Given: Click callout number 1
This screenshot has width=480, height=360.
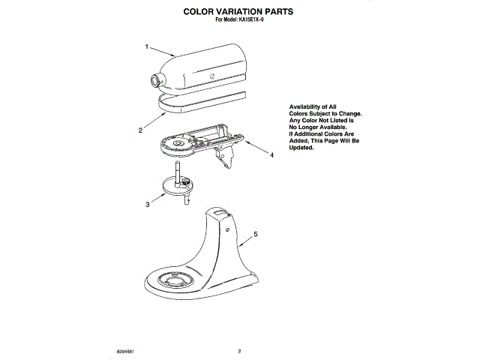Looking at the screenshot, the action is point(147,46).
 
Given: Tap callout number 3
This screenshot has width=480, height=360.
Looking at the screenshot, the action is point(148,203).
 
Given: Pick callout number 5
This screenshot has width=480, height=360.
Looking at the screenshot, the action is point(255,234).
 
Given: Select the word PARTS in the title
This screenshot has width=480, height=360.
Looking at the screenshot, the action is point(272,13).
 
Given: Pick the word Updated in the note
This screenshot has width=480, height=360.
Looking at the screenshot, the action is point(301,148).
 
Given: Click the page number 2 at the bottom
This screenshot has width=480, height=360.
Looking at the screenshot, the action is point(238,350).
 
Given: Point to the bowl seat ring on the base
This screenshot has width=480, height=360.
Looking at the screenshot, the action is point(175,280).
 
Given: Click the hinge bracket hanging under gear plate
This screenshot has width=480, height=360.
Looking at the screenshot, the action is point(226,158).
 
